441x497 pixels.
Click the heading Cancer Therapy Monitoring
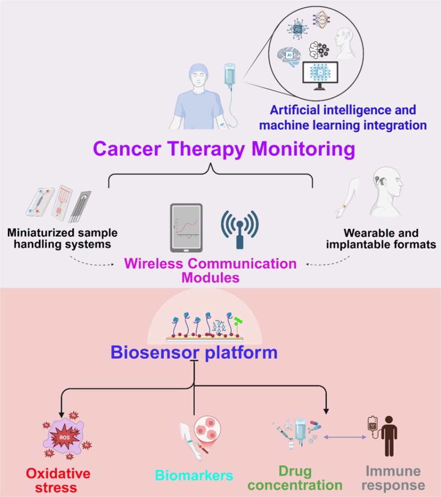tap(224, 149)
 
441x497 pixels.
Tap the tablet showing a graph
tap(186, 228)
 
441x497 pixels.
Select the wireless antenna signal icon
tap(240, 229)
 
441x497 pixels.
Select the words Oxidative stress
tap(58, 480)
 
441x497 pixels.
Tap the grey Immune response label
tap(393, 478)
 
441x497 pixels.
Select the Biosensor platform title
tap(194, 352)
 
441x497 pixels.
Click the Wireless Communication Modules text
tap(210, 271)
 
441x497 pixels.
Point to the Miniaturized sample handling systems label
tap(62, 238)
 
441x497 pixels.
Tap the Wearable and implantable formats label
tap(381, 238)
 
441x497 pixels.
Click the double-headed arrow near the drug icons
tap(345, 437)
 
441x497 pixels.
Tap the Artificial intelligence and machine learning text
tap(343, 117)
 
